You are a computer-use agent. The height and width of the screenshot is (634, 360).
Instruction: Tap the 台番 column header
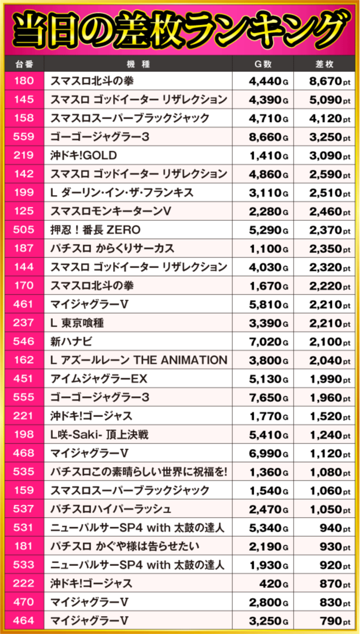[x=23, y=64]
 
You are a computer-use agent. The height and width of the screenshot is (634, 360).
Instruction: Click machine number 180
[x=23, y=81]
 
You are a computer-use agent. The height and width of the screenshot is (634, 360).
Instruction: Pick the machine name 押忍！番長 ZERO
[x=95, y=230]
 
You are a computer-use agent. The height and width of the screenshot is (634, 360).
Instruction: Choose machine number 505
[x=23, y=230]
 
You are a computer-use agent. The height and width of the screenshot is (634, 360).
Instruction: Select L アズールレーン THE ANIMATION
[x=138, y=360]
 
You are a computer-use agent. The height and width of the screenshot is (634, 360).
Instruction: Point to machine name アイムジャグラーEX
[x=98, y=379]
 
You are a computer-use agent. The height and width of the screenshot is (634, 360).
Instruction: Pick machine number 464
[x=23, y=621]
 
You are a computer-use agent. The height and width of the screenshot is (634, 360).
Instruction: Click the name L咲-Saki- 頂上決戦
[x=99, y=435]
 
